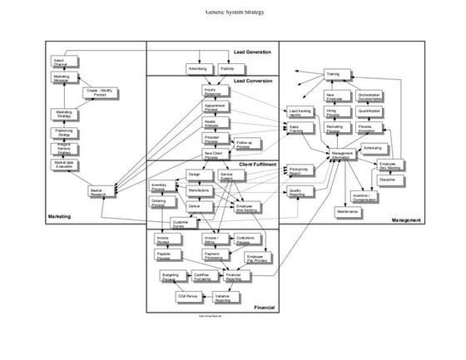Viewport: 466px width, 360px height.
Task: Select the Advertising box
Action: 197,68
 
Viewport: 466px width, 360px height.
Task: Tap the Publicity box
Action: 227,68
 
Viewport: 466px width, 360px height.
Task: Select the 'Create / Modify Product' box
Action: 99,92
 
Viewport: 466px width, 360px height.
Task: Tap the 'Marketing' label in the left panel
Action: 57,217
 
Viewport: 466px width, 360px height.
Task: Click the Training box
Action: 332,74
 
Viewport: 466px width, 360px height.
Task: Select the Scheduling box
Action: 372,147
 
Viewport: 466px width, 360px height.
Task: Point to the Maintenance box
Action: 348,212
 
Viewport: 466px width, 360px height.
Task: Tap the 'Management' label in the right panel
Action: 406,220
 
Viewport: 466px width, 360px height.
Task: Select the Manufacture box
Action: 197,190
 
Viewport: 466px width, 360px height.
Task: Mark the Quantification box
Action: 369,111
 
